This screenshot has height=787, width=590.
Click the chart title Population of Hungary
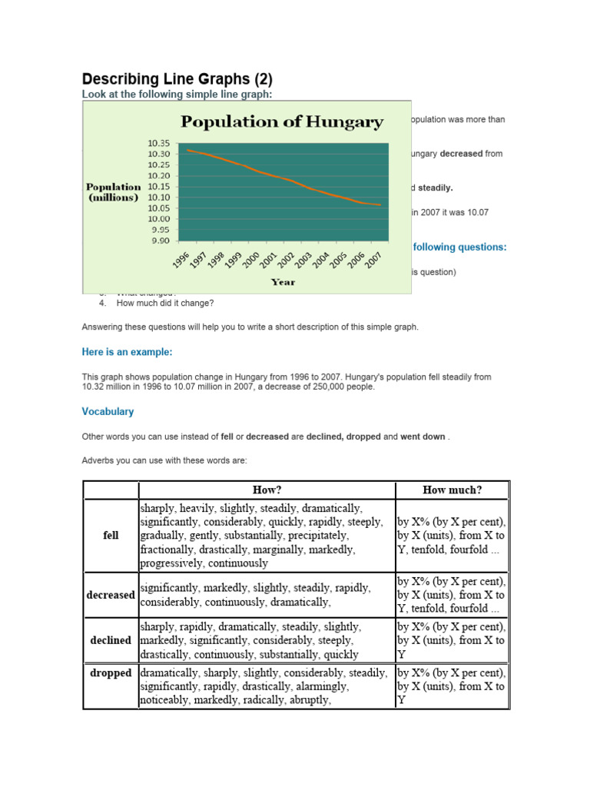[281, 121]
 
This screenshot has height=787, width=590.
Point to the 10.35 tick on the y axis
[160, 143]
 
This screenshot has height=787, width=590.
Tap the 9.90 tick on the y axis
[160, 241]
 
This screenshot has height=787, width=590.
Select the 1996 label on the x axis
[181, 261]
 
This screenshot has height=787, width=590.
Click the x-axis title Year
[283, 282]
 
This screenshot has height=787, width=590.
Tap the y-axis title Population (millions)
[113, 191]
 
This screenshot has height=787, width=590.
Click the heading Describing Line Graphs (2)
[177, 79]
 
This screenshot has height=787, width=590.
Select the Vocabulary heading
[108, 412]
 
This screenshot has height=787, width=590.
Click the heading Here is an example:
[127, 352]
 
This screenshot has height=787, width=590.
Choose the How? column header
[267, 490]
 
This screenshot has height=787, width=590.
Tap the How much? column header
[452, 490]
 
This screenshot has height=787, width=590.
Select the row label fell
[111, 536]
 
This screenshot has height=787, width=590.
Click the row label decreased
[111, 595]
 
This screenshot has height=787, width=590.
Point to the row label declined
[111, 640]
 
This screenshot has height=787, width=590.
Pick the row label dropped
[111, 673]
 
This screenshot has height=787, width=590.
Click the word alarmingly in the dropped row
[317, 686]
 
